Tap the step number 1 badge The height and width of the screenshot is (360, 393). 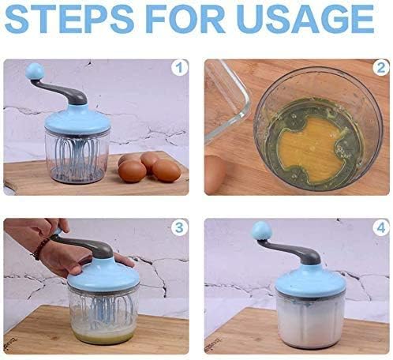[x=179, y=68]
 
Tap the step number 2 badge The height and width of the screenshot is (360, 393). [x=380, y=68]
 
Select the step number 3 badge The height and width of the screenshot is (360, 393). [x=179, y=227]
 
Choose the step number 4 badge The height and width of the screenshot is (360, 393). [x=380, y=227]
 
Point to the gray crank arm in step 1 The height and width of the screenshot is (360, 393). [x=63, y=92]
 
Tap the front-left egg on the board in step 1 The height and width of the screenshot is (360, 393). [x=133, y=171]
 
